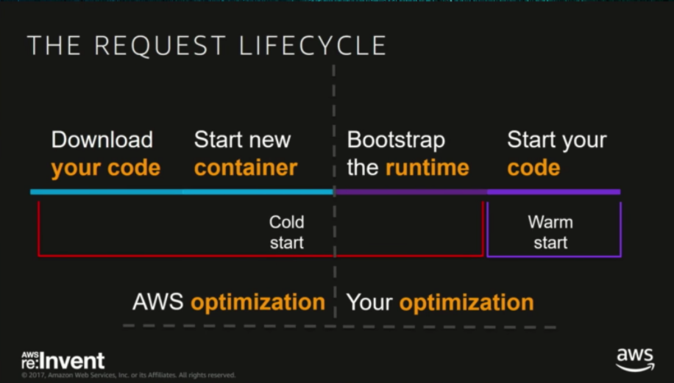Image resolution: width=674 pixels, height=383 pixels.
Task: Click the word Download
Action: [x=102, y=140]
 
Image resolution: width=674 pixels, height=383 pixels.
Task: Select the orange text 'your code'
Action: [x=105, y=168]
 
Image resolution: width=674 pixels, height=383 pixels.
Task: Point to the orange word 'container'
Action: [x=246, y=168]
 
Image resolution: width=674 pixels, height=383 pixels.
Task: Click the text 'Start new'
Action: [x=242, y=140]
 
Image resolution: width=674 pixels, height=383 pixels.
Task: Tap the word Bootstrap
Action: [x=396, y=140]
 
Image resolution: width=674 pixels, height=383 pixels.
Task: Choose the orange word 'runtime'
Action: [x=428, y=168]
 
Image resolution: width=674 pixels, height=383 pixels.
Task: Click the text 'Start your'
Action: [x=557, y=140]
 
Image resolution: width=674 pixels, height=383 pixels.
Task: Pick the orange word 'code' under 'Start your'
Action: [x=533, y=168]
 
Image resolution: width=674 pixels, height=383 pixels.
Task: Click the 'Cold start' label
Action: [x=286, y=232]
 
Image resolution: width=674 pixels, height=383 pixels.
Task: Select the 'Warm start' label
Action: [x=550, y=232]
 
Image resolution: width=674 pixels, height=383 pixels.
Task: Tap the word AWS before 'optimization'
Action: [x=158, y=302]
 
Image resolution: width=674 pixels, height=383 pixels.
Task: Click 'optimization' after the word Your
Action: [x=467, y=302]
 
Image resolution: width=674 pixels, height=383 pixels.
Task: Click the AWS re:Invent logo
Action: [x=63, y=360]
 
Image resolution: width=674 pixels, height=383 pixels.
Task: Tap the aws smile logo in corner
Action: [x=634, y=359]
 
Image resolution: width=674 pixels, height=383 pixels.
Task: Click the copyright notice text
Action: [x=129, y=375]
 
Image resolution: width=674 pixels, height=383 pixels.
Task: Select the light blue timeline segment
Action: [x=182, y=192]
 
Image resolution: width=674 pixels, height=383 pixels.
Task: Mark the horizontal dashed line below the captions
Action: [x=338, y=326]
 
